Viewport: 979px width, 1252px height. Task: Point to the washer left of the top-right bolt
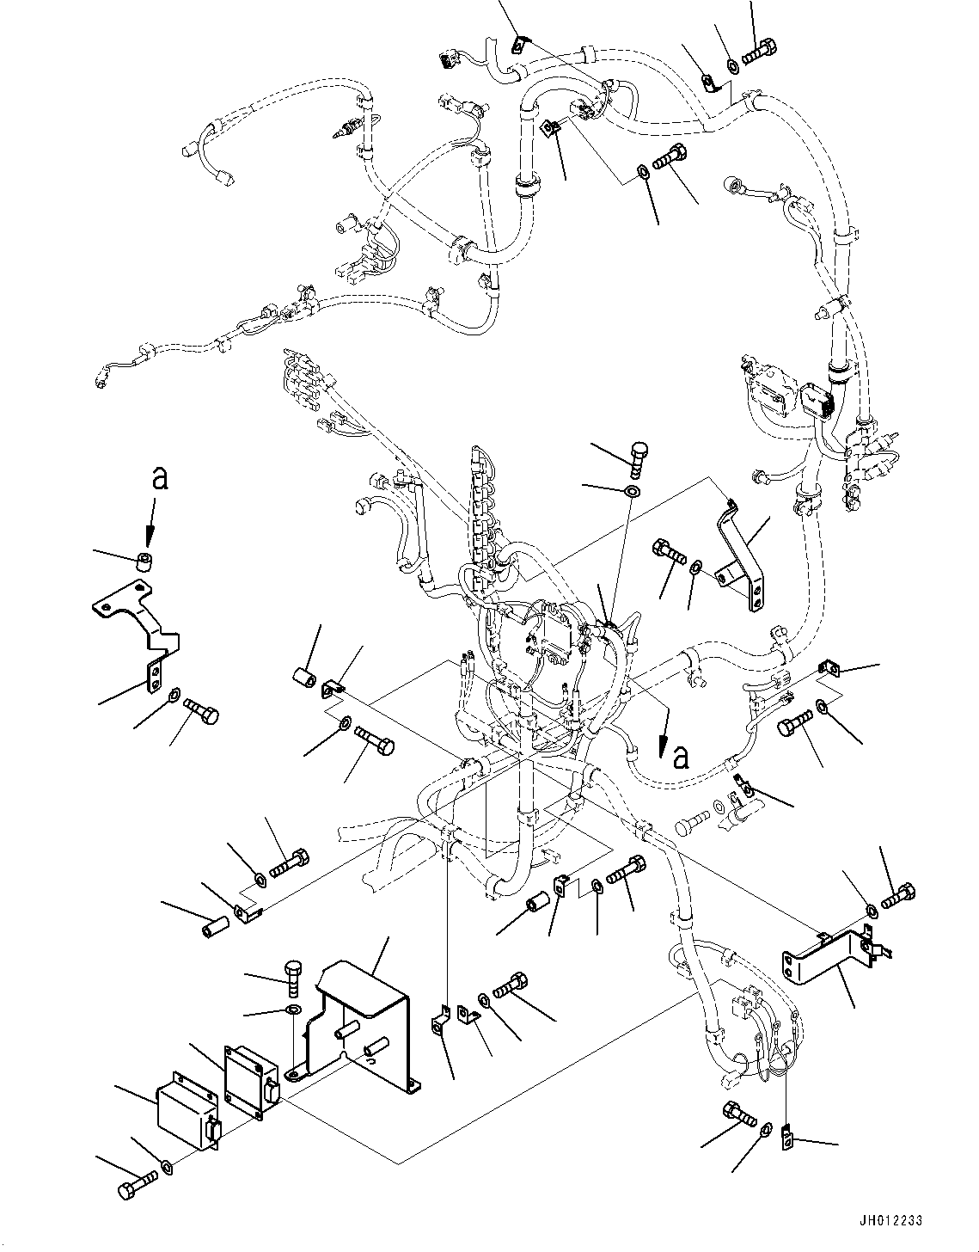tap(731, 63)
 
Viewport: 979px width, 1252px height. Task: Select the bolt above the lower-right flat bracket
tap(898, 897)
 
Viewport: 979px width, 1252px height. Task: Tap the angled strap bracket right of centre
tap(743, 559)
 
